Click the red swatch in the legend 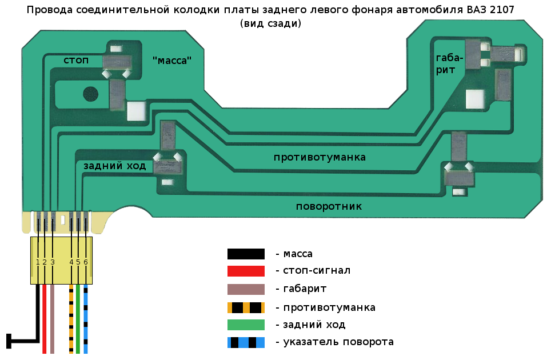click(246, 271)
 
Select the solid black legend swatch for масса click(246, 254)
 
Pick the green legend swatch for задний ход click(246, 325)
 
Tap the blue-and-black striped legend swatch click(246, 342)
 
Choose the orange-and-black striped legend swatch click(246, 307)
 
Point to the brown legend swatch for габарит click(246, 289)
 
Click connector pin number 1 click(38, 262)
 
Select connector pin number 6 click(86, 262)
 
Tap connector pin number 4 click(71, 262)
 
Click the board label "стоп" click(76, 60)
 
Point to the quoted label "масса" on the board click(172, 60)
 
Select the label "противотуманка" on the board click(320, 157)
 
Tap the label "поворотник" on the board click(329, 206)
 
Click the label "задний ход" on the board click(114, 166)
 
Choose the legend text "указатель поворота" click(334, 342)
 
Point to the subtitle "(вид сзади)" click(271, 23)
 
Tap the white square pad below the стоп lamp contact click(136, 110)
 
